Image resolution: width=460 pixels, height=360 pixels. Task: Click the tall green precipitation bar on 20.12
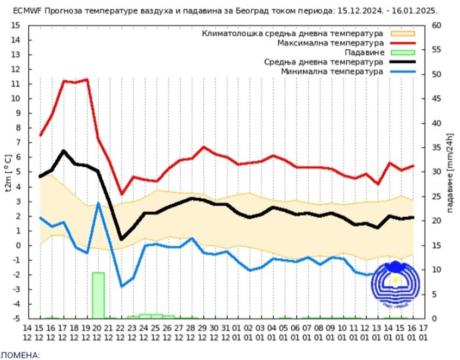coord(98,295)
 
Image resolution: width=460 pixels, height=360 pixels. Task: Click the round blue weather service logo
coord(395,279)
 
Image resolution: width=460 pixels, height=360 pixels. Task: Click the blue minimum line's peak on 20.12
coord(98,203)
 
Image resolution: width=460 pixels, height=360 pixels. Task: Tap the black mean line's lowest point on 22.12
coord(121,239)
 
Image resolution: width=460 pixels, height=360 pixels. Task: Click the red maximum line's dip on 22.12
coord(121,194)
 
